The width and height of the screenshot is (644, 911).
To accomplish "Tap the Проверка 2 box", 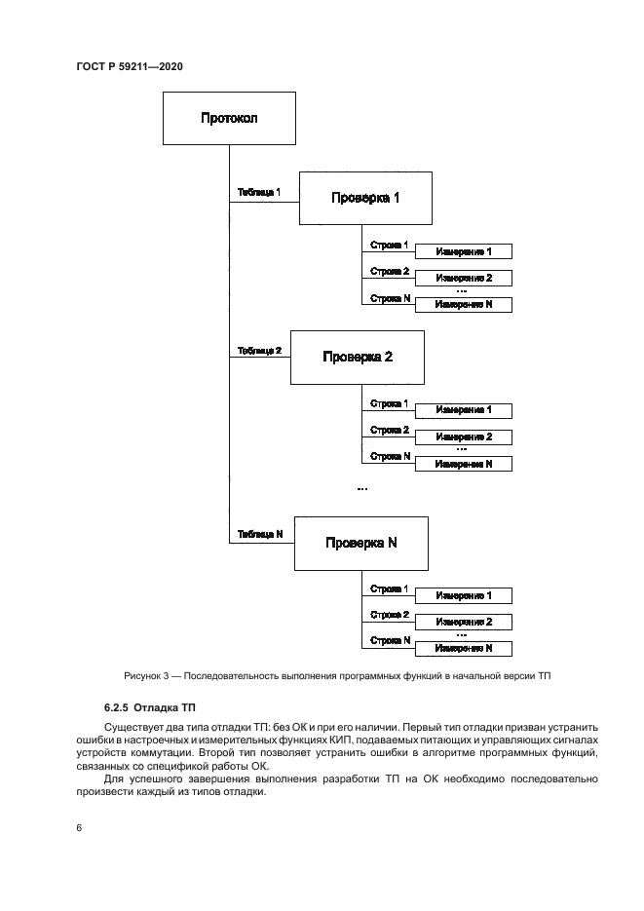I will click(x=358, y=357).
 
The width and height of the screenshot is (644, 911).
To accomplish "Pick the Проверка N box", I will click(x=361, y=543).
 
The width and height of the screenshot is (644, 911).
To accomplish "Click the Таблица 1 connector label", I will click(x=259, y=193).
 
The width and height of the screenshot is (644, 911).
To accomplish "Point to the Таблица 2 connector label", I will click(x=259, y=351).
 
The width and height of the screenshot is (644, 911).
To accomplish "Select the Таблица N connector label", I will click(x=259, y=534).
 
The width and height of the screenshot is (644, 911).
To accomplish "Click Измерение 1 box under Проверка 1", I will click(x=463, y=251).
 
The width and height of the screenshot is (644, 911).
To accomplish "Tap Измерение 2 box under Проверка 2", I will click(x=463, y=437).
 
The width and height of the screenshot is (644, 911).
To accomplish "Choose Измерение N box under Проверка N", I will click(x=463, y=648).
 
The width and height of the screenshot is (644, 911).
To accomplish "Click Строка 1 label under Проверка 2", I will click(x=390, y=403).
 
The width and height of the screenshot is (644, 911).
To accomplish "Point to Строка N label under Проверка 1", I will click(x=390, y=298).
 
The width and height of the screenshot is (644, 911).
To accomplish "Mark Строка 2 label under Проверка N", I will click(x=390, y=615).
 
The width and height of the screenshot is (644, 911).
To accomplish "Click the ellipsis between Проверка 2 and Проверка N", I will click(x=361, y=487).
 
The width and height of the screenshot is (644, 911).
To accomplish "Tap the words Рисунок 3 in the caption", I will click(x=147, y=676).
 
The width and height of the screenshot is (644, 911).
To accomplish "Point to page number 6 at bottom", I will click(x=78, y=827).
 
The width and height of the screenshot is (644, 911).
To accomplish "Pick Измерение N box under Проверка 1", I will click(x=463, y=304).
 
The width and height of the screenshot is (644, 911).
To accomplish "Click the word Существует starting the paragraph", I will click(x=135, y=728).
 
